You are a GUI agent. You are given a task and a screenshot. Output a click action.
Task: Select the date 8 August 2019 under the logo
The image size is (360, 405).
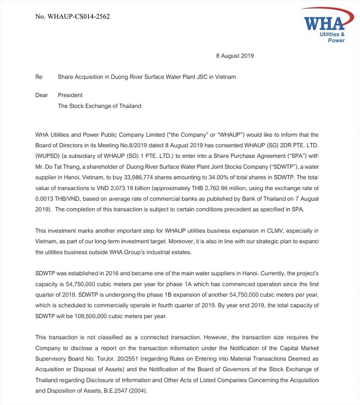235,56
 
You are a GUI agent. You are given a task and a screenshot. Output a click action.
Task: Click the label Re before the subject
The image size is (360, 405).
39,76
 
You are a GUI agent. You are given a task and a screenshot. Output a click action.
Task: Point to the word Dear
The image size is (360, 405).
42,95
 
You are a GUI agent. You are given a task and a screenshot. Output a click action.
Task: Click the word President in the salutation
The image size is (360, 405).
70,95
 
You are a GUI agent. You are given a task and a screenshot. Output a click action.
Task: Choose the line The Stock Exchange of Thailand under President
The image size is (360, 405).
100,106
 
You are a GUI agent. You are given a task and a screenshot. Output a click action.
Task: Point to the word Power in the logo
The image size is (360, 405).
336,41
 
